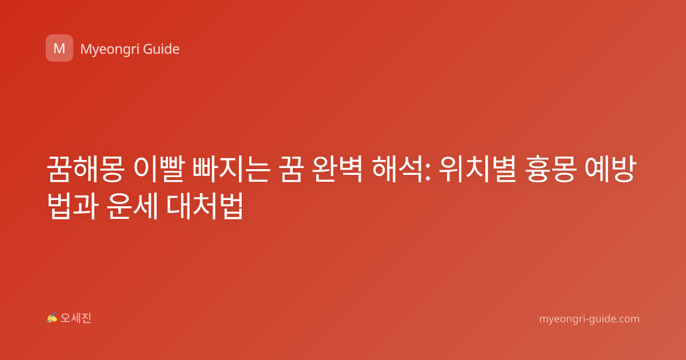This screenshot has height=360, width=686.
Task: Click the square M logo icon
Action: pyautogui.click(x=59, y=48)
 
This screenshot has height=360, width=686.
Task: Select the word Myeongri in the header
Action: pyautogui.click(x=109, y=49)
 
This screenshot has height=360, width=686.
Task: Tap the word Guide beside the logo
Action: pyautogui.click(x=161, y=49)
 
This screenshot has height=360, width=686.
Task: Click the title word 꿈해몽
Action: pyautogui.click(x=85, y=169)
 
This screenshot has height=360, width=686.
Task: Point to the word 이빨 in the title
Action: pyautogui.click(x=159, y=169)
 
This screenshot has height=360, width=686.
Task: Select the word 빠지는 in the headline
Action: pyautogui.click(x=231, y=169)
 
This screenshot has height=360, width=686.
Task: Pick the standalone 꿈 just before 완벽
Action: pyautogui.click(x=291, y=169)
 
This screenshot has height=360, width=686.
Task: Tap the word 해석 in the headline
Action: pyautogui.click(x=397, y=169)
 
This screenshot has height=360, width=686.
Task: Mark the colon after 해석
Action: pyautogui.click(x=428, y=172)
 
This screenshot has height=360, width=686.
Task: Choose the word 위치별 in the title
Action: pyautogui.click(x=477, y=169)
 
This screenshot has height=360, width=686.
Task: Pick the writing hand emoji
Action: pyautogui.click(x=52, y=318)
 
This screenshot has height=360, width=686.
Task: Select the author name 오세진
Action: pyautogui.click(x=75, y=318)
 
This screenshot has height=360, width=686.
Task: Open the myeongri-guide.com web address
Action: pyautogui.click(x=589, y=319)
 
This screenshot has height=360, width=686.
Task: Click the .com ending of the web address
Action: pyautogui.click(x=627, y=319)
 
